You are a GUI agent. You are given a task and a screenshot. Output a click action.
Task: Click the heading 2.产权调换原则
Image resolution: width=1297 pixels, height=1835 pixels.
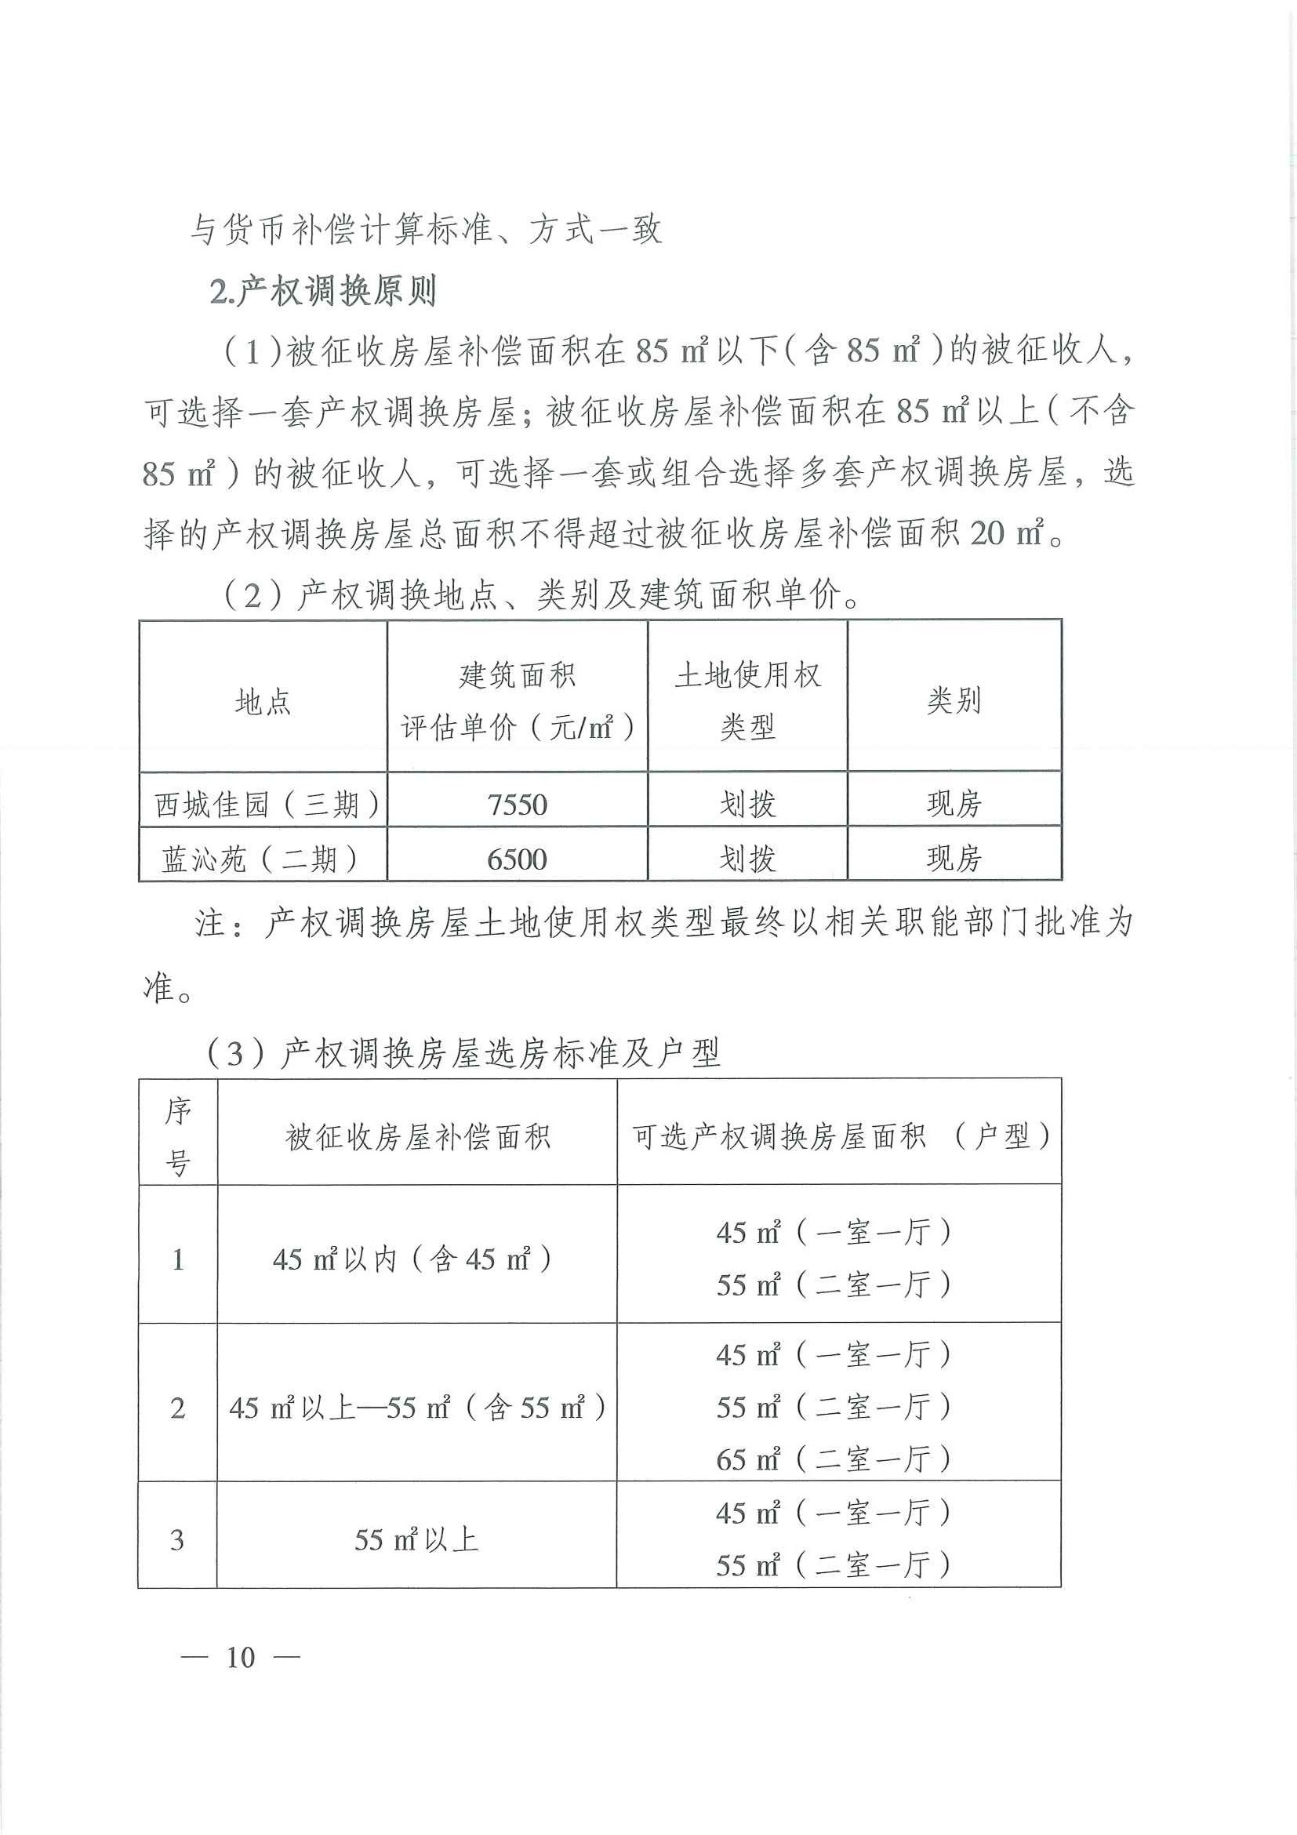(x=323, y=291)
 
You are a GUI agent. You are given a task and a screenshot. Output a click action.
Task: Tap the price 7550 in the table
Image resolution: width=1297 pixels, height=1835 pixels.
(x=517, y=804)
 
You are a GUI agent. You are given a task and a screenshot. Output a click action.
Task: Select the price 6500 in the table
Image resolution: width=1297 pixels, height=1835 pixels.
(x=517, y=859)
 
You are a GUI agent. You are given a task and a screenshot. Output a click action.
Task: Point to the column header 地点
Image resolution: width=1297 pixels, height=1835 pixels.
(x=263, y=702)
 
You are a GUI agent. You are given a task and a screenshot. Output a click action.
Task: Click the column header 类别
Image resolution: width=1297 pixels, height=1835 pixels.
(x=954, y=700)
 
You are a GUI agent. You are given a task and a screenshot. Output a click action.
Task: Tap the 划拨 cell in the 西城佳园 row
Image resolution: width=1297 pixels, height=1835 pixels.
(x=747, y=804)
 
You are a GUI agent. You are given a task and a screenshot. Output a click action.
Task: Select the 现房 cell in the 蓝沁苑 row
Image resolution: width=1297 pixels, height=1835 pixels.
(x=954, y=859)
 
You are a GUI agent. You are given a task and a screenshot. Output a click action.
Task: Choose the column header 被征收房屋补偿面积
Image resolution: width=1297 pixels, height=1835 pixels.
(x=418, y=1136)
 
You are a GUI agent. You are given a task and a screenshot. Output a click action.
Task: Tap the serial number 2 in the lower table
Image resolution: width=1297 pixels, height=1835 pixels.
(x=177, y=1408)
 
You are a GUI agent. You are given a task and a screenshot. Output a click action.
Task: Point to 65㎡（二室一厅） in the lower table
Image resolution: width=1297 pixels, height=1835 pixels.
(x=833, y=1459)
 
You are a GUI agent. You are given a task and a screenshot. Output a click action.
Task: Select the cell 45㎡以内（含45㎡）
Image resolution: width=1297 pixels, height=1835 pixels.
(x=412, y=1259)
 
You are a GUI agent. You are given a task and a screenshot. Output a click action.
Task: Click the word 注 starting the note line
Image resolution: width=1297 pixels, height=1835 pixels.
(x=210, y=924)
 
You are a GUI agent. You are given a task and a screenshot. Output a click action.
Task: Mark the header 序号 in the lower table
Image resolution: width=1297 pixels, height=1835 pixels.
(x=177, y=1136)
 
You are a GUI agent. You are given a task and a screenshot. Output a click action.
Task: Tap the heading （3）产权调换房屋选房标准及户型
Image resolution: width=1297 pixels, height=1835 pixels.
(x=463, y=1053)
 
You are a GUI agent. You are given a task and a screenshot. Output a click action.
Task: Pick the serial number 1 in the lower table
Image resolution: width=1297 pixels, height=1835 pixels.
(x=177, y=1260)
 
